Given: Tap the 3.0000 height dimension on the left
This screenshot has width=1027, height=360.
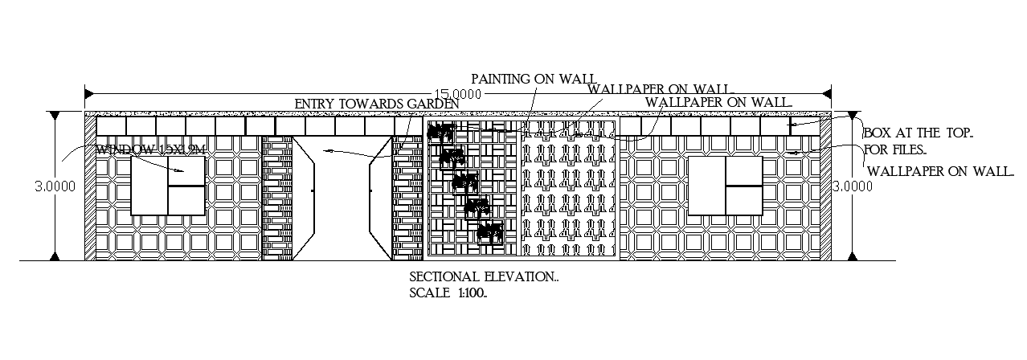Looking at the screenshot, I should [55, 186].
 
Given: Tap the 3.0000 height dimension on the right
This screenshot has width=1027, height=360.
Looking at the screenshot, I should [851, 186].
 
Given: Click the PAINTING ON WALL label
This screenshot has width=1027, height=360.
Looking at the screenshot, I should [533, 78].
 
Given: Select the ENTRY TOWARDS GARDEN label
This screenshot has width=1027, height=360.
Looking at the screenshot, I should [377, 104].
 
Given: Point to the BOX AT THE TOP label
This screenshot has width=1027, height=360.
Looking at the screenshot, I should [918, 133].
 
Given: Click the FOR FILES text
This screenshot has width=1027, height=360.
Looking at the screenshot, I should [895, 149].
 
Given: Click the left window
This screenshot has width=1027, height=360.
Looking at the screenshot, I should [167, 186].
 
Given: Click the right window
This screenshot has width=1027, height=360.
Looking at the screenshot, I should [725, 186].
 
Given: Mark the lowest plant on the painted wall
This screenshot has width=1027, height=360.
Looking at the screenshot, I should [489, 233].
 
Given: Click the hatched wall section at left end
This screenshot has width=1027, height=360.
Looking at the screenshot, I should [90, 186].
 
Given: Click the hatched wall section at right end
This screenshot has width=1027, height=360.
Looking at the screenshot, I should [825, 186].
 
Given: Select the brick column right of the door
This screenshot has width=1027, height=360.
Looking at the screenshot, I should [407, 198].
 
